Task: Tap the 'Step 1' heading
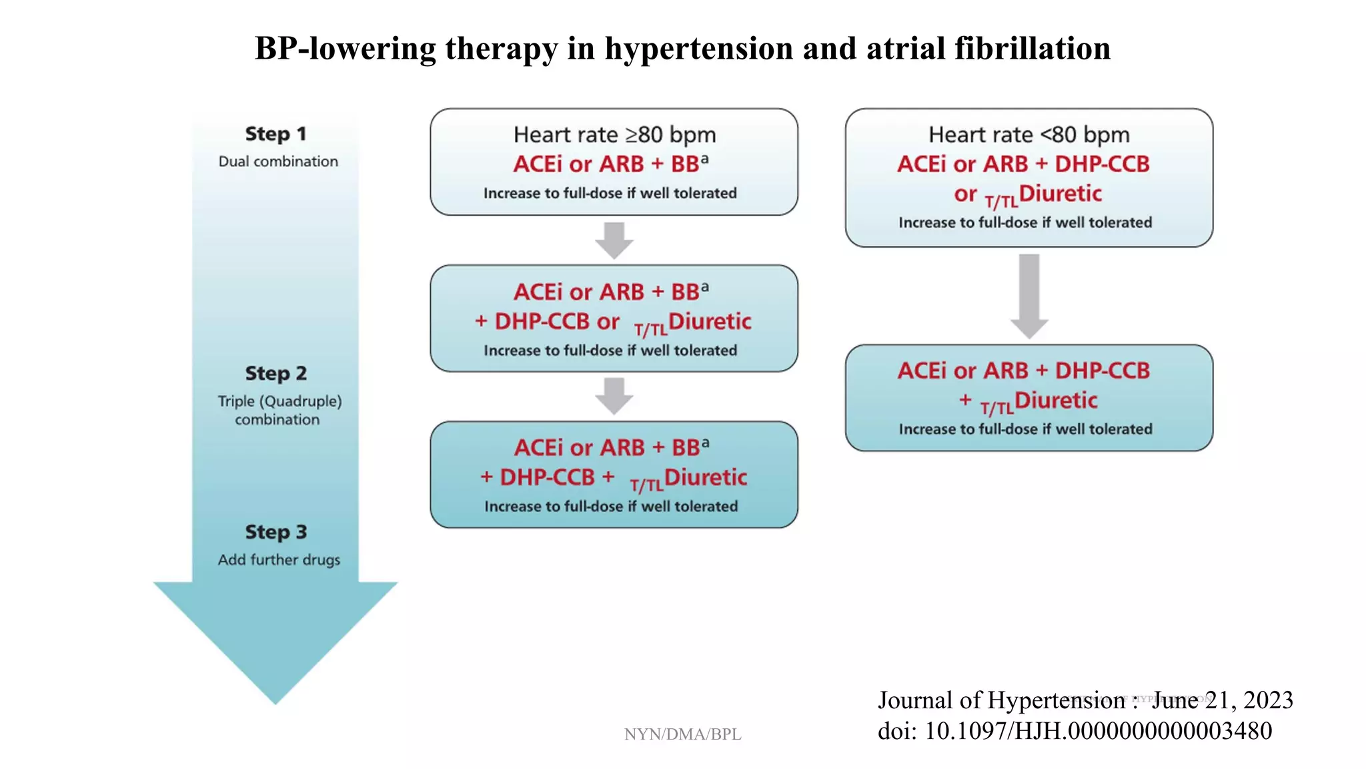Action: (x=275, y=134)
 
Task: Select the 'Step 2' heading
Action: (x=275, y=373)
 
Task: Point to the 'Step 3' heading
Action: (x=275, y=532)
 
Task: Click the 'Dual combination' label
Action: (x=278, y=162)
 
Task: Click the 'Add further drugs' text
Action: (x=279, y=559)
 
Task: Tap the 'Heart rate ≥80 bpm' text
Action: (x=614, y=135)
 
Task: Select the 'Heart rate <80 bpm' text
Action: (x=1029, y=135)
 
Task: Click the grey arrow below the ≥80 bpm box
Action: (x=614, y=240)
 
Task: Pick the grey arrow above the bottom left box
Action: (x=614, y=396)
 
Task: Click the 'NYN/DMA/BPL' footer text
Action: (x=682, y=734)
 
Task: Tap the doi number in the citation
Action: (x=1098, y=731)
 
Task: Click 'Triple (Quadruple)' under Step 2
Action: (x=279, y=401)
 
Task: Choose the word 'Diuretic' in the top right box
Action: (x=1060, y=194)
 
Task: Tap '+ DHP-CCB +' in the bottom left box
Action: (x=547, y=477)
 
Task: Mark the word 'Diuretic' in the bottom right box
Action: (x=1055, y=401)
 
